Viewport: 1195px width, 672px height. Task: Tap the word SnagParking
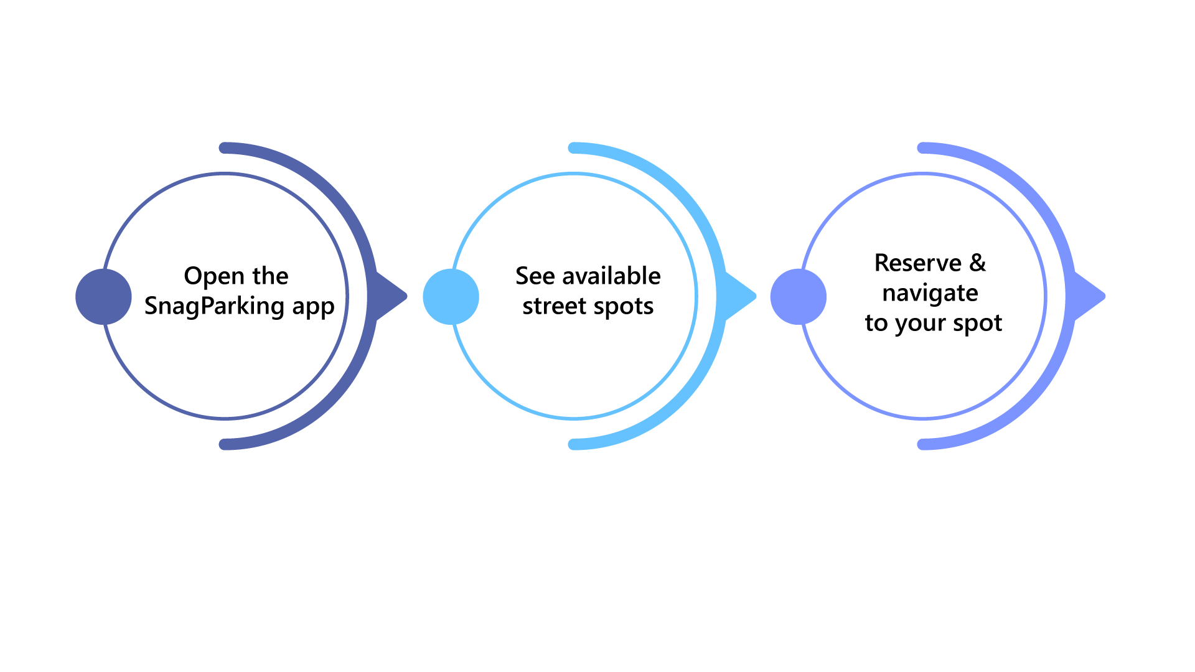(x=215, y=306)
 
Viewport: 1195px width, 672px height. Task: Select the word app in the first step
(x=314, y=307)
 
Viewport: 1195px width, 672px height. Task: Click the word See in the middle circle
(x=535, y=276)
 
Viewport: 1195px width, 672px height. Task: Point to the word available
(x=611, y=276)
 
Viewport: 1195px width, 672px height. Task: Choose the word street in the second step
(x=554, y=306)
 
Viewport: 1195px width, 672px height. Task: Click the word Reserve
(x=918, y=263)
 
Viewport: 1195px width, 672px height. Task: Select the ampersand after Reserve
(x=978, y=263)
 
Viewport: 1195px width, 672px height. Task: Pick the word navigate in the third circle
(x=930, y=294)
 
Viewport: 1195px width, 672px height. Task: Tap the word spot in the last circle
(x=978, y=324)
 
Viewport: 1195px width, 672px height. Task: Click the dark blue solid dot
(x=103, y=297)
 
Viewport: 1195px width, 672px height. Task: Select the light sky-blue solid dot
(x=451, y=297)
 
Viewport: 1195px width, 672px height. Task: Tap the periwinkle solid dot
(x=799, y=297)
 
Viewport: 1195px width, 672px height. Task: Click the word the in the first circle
(x=270, y=276)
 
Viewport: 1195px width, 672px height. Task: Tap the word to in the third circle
(x=876, y=324)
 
